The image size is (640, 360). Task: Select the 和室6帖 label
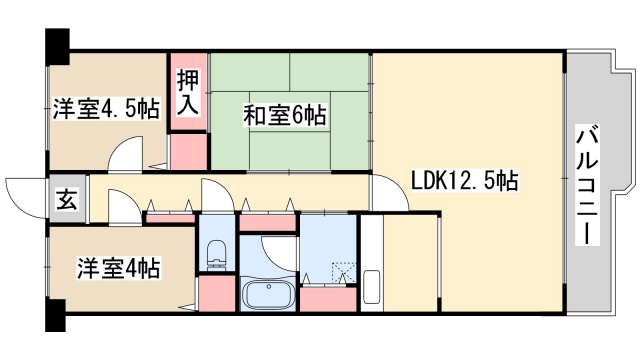coord(284,116)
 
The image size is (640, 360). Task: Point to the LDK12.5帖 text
coord(464,181)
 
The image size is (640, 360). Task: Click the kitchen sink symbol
coord(373,288)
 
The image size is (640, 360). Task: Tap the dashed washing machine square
coord(343,271)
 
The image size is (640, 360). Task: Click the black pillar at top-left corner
coord(56,43)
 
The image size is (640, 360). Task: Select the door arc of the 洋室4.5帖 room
coord(128,155)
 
